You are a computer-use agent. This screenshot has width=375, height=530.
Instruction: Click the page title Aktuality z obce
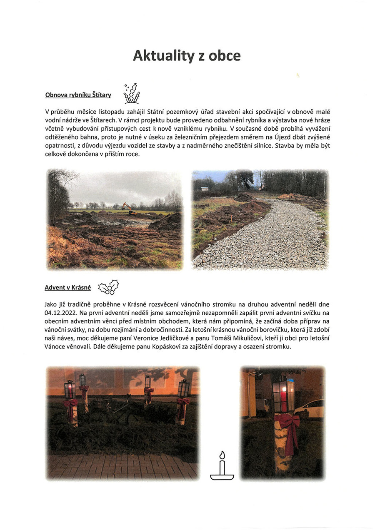coord(187,55)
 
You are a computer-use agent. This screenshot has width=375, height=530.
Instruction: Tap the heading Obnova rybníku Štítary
coord(78,95)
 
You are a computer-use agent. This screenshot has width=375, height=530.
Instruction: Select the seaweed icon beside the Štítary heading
coord(131,94)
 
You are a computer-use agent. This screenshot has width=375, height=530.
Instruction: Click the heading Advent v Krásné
coord(67,288)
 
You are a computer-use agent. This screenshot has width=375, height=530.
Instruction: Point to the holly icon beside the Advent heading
coord(108,287)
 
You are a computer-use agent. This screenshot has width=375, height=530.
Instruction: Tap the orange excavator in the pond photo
coord(129,208)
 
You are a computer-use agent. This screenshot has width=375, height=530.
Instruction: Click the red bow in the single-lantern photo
coord(289,429)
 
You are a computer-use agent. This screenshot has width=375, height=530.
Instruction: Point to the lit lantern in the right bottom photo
coord(283,393)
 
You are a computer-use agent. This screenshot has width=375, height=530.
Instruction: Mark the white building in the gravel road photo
coord(204,189)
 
